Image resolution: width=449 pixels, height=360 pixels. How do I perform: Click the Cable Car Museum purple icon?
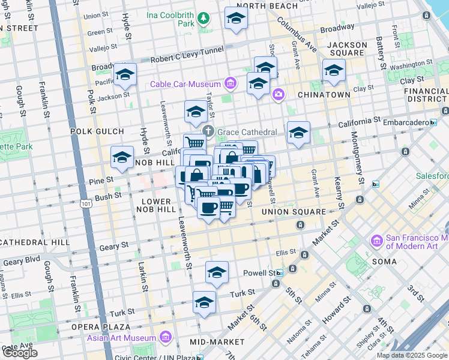[x=230, y=83]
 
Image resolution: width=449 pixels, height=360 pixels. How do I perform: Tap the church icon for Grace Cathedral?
[x=208, y=132]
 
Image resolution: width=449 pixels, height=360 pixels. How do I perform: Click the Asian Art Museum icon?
[x=166, y=337]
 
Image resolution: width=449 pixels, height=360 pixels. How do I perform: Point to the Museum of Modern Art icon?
[x=377, y=241]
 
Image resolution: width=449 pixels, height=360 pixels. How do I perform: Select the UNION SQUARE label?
[x=294, y=212]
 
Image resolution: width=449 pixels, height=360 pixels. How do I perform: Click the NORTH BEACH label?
[x=271, y=6]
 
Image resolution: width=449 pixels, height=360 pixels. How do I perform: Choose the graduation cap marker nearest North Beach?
[x=237, y=18]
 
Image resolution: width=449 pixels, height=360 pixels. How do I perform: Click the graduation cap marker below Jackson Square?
[x=334, y=70]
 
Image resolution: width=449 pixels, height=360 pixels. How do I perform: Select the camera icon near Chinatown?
[x=278, y=94]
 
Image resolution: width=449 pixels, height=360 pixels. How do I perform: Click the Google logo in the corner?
[x=20, y=353]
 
